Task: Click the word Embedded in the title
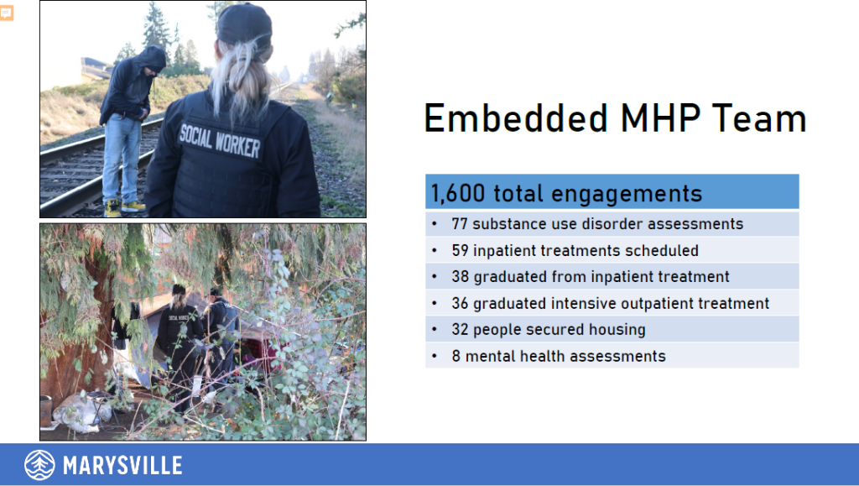[x=516, y=118]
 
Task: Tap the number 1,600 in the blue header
[x=457, y=193]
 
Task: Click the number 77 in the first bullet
[x=459, y=223]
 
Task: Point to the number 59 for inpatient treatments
[x=460, y=250]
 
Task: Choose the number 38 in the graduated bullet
[x=461, y=277]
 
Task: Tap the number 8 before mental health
[x=456, y=356]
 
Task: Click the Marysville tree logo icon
[x=39, y=465]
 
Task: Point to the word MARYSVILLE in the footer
[x=122, y=466]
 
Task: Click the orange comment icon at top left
[x=7, y=12]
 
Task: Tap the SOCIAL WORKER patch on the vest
[x=219, y=140]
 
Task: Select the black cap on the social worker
[x=244, y=24]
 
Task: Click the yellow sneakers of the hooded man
[x=124, y=207]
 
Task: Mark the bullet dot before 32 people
[x=435, y=329]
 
